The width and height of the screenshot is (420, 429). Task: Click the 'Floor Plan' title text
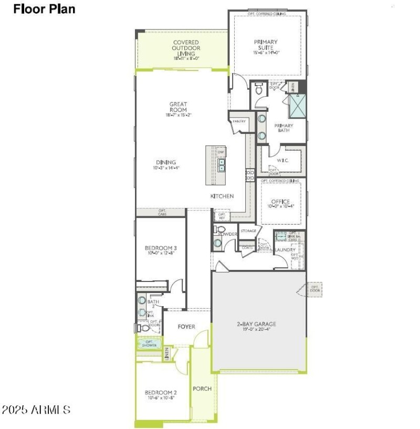click(x=44, y=9)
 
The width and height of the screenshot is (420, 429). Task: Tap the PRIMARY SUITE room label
click(x=266, y=45)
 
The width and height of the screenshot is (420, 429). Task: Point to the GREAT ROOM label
click(x=178, y=107)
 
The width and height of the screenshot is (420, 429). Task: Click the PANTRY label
click(x=239, y=121)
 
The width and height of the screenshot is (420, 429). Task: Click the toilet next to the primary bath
click(x=258, y=90)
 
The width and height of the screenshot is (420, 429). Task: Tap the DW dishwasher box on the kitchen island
click(x=221, y=152)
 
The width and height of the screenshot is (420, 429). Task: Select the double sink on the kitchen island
click(x=222, y=166)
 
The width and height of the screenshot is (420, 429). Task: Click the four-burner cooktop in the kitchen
click(x=250, y=175)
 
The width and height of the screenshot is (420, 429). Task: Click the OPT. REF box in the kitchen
click(x=222, y=215)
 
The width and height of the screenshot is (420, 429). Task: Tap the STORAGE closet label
click(x=248, y=231)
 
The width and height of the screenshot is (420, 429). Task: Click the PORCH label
click(x=202, y=389)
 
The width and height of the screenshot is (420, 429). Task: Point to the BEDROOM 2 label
click(x=161, y=392)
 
